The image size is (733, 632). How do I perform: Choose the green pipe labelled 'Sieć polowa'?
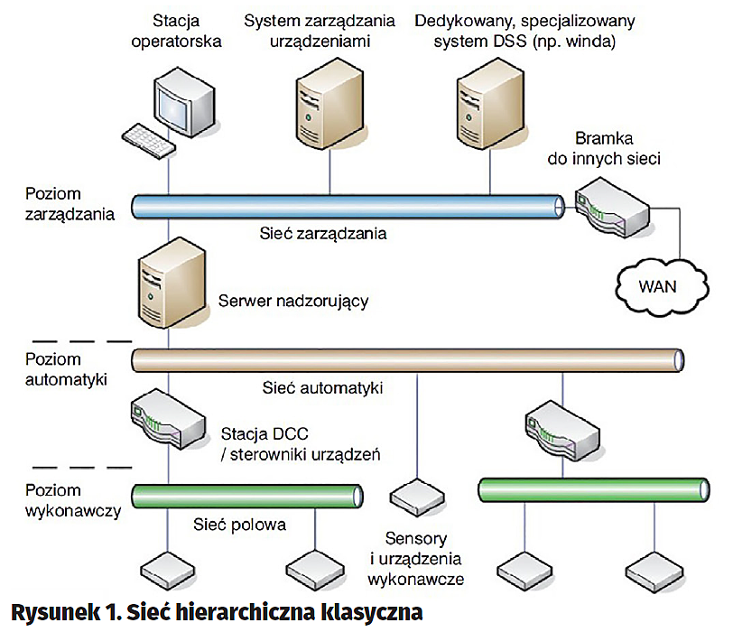pyautogui.click(x=248, y=496)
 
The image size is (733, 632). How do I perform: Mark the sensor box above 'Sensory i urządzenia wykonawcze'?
pyautogui.click(x=415, y=494)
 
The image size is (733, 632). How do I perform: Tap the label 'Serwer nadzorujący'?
pyautogui.click(x=294, y=301)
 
